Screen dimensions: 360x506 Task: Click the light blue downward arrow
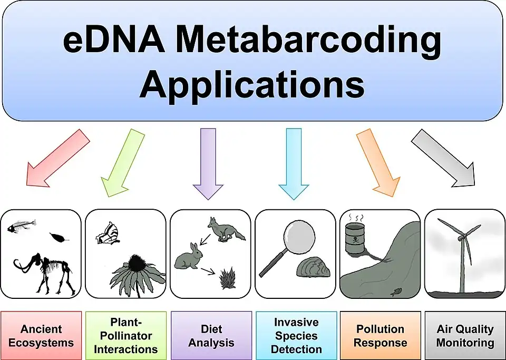pos(294,161)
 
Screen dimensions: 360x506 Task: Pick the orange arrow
pos(378,161)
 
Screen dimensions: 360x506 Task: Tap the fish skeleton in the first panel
pos(22,228)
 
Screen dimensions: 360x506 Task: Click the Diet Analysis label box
pos(211,336)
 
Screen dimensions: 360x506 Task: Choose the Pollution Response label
pos(380,336)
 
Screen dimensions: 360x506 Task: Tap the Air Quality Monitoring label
pos(464,336)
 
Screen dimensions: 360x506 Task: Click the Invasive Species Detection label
pos(296,336)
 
